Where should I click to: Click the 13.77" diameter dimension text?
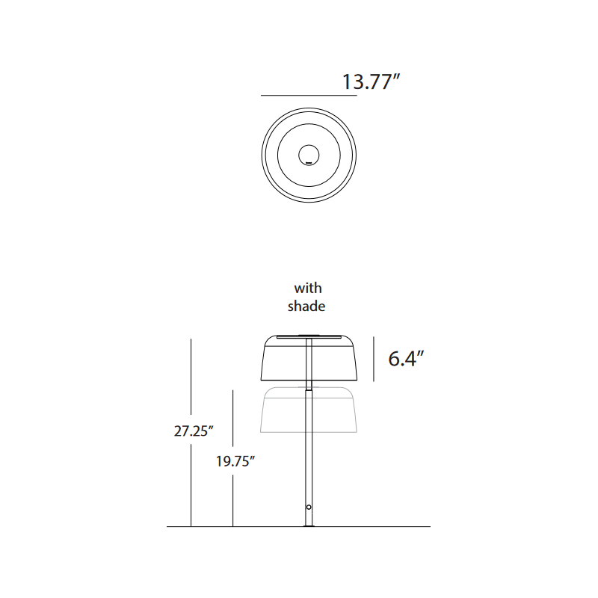(372, 81)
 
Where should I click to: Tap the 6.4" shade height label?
(406, 359)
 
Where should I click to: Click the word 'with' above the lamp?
(307, 288)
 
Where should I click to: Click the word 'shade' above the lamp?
(307, 306)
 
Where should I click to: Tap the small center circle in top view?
(309, 155)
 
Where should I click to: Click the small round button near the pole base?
(309, 508)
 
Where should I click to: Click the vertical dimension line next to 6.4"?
(374, 359)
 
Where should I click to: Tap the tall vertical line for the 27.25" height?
(191, 389)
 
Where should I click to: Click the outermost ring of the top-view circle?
(262, 155)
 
